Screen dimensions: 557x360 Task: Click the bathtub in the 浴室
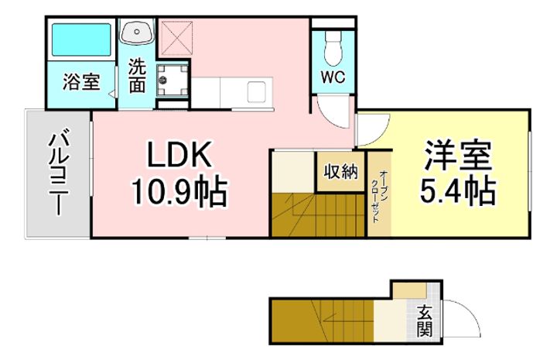click(81, 39)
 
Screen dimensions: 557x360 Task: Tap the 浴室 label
click(81, 82)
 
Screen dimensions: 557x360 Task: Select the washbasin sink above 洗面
click(137, 31)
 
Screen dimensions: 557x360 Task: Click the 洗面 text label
click(137, 75)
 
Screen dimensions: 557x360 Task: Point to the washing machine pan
click(172, 81)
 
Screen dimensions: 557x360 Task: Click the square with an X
click(176, 38)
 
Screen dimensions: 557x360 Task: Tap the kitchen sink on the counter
click(256, 91)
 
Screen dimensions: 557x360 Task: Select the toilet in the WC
click(333, 47)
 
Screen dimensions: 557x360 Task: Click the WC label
click(333, 77)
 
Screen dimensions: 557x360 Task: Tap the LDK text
click(179, 155)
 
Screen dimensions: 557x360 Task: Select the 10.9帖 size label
click(179, 192)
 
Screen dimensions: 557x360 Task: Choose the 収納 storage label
click(340, 171)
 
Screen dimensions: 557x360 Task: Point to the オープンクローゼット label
click(379, 197)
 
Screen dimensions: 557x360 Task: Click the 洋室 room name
click(458, 156)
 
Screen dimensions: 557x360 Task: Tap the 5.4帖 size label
click(458, 190)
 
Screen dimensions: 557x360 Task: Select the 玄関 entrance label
click(425, 321)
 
